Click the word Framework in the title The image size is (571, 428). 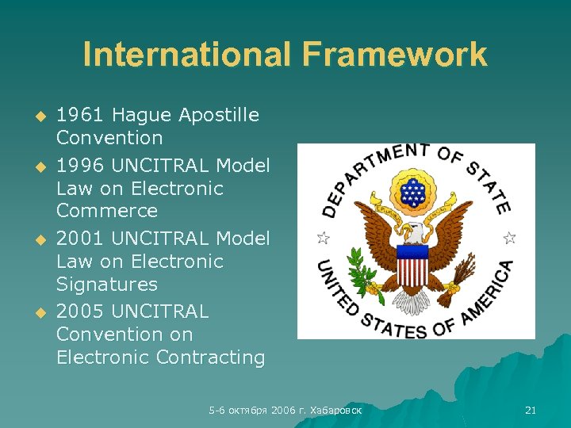click(x=393, y=55)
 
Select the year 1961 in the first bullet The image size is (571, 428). click(x=80, y=116)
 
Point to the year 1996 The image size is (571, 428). click(x=80, y=166)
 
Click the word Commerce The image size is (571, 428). click(x=107, y=211)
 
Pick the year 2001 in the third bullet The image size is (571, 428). click(x=80, y=239)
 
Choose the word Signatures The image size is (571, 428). click(x=107, y=284)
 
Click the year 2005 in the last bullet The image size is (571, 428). click(x=80, y=311)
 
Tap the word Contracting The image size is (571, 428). click(x=211, y=357)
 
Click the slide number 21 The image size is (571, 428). click(x=531, y=410)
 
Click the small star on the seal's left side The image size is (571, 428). click(x=322, y=237)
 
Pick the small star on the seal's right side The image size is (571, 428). click(x=509, y=237)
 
